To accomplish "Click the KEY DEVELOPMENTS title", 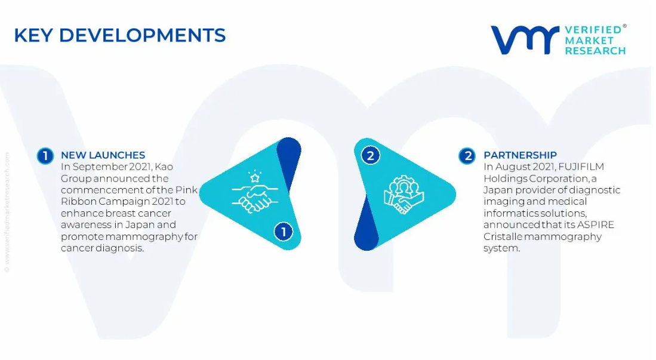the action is (119, 35).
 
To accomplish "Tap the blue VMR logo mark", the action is (525, 40).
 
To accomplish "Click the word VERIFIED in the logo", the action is (593, 30).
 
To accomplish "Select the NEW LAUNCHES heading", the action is (103, 155).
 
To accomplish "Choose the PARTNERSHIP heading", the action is (520, 155).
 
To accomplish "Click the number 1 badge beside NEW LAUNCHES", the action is (45, 156).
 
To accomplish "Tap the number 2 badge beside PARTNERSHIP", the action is (467, 156).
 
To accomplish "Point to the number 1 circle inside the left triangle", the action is (284, 232).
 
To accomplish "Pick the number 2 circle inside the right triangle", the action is (370, 156).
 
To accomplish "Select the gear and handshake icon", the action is (404, 194).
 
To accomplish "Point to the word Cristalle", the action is (503, 236).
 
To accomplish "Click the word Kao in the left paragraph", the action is (164, 167).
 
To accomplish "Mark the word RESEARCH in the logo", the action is (595, 51).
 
